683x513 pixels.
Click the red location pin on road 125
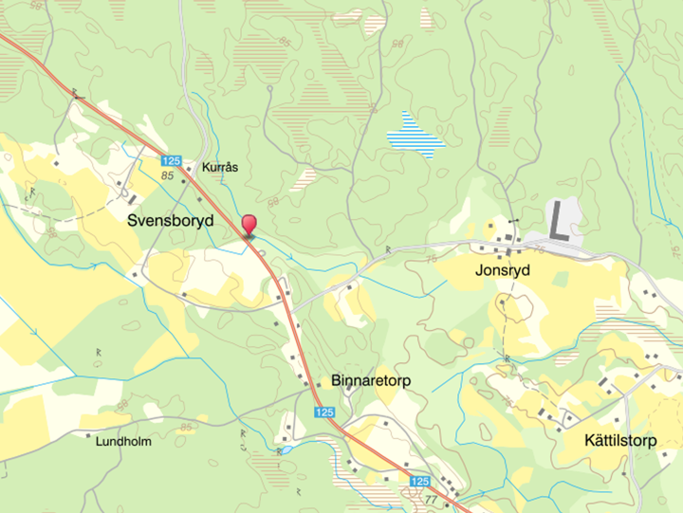click(x=249, y=225)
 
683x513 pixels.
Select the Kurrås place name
click(x=220, y=167)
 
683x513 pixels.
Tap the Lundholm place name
click(x=123, y=441)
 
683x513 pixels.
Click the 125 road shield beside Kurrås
click(x=171, y=161)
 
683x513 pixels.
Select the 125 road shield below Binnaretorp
click(x=324, y=412)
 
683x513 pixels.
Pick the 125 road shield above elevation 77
click(x=420, y=482)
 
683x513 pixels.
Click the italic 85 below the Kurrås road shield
click(x=168, y=176)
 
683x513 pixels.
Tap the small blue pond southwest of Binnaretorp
click(x=283, y=451)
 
